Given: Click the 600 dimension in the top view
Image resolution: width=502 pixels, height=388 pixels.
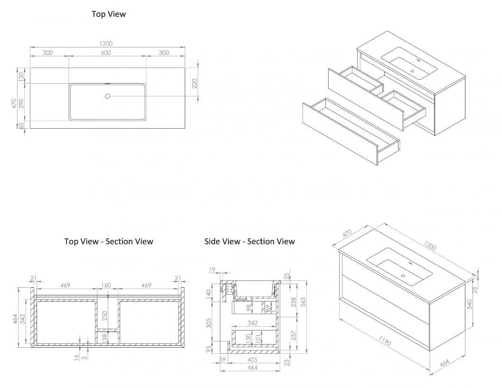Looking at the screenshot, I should pos(106,53).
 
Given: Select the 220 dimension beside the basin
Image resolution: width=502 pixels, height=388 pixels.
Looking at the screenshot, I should pos(194,85).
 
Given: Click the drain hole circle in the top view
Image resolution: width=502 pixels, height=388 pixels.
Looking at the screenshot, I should pos(107,96).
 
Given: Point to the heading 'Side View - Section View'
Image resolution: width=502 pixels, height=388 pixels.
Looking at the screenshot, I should pos(249,241).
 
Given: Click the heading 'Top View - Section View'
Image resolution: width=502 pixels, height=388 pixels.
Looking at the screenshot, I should pos(109,241).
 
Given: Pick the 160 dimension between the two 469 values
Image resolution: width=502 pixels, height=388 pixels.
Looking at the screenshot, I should pos(105,285).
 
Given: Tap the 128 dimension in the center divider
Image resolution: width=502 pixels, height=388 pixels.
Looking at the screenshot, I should pos(104,337).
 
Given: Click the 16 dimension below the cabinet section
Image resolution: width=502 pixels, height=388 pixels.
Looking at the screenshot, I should pos(77,357).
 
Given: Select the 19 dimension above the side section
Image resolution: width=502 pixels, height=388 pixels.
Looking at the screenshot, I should pos(212,270).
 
